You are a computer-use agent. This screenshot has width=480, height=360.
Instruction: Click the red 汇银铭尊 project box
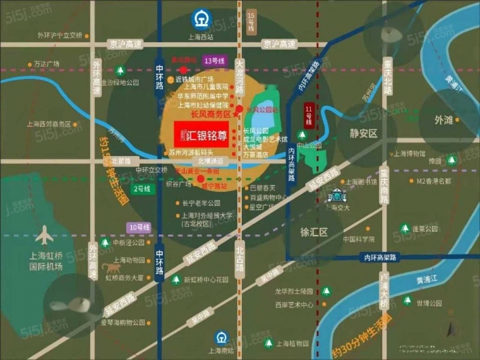click(x=198, y=134)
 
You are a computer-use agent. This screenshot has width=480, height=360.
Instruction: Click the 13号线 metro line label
click(x=214, y=61)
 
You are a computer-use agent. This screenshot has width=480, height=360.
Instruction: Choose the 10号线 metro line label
click(x=138, y=227)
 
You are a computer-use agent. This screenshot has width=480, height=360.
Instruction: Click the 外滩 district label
click(x=444, y=119)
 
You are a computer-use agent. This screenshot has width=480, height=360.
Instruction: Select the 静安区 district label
click(x=363, y=133)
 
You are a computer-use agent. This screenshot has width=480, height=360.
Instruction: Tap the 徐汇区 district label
click(x=313, y=232)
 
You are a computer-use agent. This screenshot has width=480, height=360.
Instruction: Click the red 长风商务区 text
click(x=201, y=114)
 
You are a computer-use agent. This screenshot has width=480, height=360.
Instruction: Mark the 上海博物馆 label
click(x=411, y=153)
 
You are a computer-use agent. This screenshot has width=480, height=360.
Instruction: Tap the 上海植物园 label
click(x=292, y=344)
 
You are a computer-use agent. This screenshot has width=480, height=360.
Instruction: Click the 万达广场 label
click(x=47, y=64)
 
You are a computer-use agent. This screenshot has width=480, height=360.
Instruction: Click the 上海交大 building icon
click(x=338, y=196)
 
